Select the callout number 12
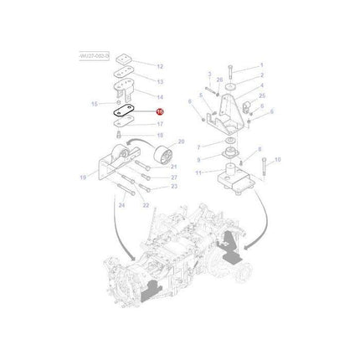click(x=160, y=65)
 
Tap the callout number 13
click(x=160, y=83)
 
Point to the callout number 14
click(x=160, y=98)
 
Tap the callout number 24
click(x=121, y=205)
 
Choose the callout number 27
click(x=173, y=177)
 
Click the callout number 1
click(x=260, y=65)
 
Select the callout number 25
click(x=262, y=96)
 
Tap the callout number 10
click(x=278, y=159)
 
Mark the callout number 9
click(x=199, y=159)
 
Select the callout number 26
click(x=219, y=80)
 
